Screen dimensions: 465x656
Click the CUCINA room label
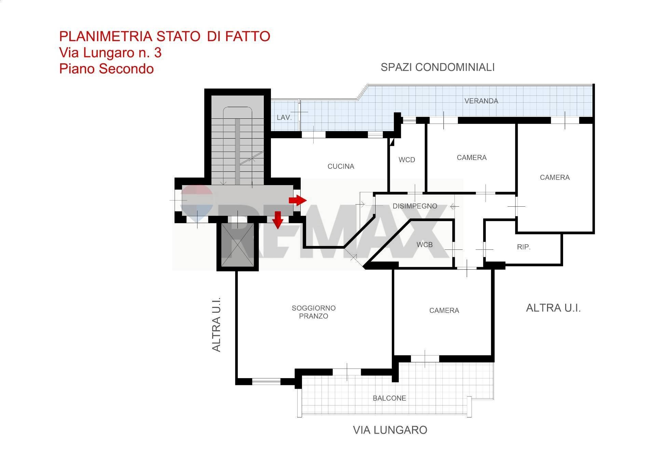click(x=341, y=166)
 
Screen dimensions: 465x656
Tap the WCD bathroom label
click(x=407, y=160)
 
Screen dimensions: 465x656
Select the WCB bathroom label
click(x=424, y=245)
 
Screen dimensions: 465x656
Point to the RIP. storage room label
click(x=523, y=247)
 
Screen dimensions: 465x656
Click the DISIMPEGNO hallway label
click(x=415, y=206)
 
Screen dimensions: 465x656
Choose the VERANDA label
click(x=481, y=101)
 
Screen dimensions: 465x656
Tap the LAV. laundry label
click(x=284, y=117)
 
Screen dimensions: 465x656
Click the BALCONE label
click(x=389, y=398)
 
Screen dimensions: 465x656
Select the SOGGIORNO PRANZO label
click(x=313, y=312)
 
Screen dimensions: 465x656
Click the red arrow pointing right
click(x=298, y=200)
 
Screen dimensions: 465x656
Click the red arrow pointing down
click(x=278, y=220)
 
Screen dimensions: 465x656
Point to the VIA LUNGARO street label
click(x=390, y=430)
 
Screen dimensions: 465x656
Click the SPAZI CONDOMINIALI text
click(x=437, y=67)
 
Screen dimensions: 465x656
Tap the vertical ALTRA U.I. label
click(x=217, y=324)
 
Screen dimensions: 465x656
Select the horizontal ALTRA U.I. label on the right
click(x=553, y=308)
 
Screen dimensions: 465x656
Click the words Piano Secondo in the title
click(x=106, y=69)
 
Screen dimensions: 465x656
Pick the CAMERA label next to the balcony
click(x=444, y=311)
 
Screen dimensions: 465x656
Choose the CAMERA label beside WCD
click(x=471, y=158)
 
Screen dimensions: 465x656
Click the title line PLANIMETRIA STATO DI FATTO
click(x=165, y=36)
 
